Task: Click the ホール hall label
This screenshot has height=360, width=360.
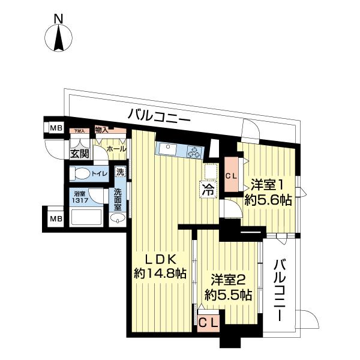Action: tap(115, 148)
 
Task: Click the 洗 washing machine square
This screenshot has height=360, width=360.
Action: tap(120, 172)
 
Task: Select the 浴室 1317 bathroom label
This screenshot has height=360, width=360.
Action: tap(80, 197)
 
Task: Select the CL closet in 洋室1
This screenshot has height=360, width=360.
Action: tap(231, 175)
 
